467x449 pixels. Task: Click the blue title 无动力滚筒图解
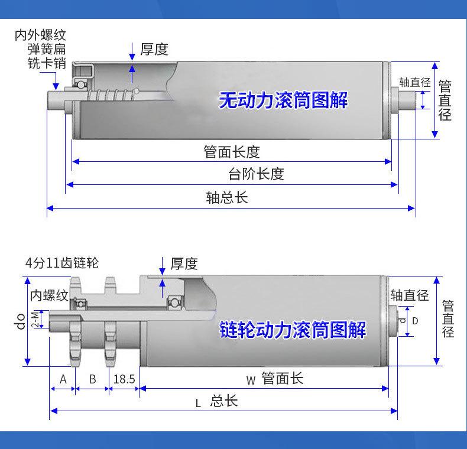point(283,100)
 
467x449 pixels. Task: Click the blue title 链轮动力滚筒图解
point(293,330)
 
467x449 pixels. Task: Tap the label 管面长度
point(232,152)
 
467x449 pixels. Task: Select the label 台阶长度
point(256,174)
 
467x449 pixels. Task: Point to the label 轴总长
point(227,197)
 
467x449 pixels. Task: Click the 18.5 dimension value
point(124,379)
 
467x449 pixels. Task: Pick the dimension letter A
point(63,379)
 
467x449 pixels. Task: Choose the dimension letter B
point(92,379)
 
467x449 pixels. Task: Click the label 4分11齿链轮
point(62,263)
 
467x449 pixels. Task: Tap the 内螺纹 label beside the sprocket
point(49,295)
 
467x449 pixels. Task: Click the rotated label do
point(21,321)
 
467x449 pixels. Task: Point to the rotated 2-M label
point(35,319)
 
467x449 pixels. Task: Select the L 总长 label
point(216,401)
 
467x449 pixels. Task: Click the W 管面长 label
point(275,379)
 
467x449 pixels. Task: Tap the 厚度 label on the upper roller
point(154,49)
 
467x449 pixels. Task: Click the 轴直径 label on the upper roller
point(415,82)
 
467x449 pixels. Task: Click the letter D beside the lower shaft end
point(415,321)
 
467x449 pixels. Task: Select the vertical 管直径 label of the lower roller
point(448,318)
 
